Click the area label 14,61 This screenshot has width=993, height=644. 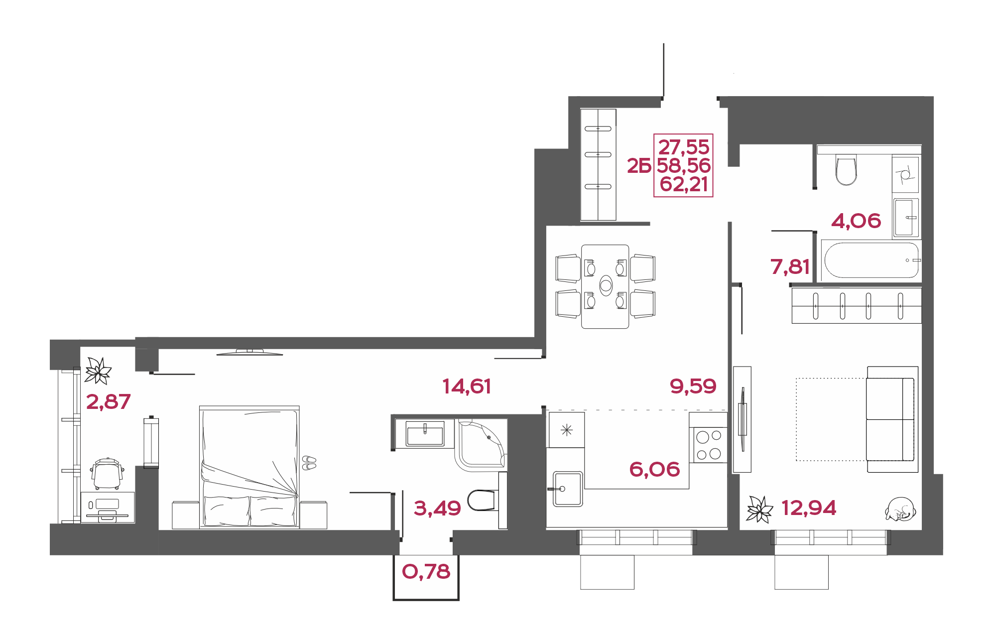(x=467, y=386)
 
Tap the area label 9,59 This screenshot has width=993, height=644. (x=693, y=386)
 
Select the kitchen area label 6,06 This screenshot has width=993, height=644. (x=654, y=469)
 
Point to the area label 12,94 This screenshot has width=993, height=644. (x=809, y=508)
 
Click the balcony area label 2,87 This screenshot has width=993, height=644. (x=109, y=401)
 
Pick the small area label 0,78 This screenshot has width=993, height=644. (x=426, y=572)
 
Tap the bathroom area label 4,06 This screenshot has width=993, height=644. (x=856, y=221)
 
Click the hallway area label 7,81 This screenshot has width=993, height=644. (x=790, y=266)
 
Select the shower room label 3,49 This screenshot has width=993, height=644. (x=437, y=508)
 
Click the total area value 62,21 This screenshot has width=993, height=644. (x=684, y=184)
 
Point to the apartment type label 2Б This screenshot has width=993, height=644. (x=639, y=166)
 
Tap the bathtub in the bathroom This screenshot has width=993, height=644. (x=871, y=260)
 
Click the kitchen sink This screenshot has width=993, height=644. (x=567, y=489)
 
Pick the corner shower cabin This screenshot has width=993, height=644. (x=481, y=445)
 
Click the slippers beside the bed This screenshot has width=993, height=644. (x=309, y=463)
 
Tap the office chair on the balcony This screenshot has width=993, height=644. (x=107, y=474)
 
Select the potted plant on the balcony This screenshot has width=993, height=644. (x=98, y=371)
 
